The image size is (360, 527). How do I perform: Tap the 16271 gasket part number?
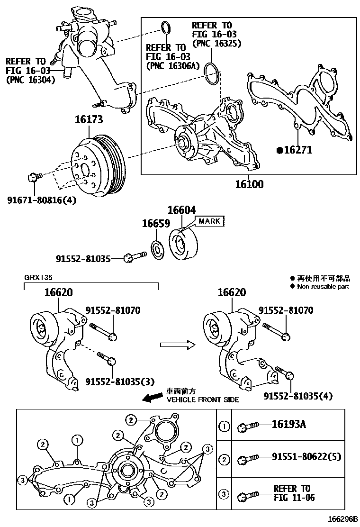click(297, 150)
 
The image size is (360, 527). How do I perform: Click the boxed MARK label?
click(209, 221)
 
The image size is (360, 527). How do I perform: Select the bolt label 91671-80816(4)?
click(41, 200)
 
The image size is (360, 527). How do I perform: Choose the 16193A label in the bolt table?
click(288, 424)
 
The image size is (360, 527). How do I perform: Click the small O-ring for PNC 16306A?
click(165, 27)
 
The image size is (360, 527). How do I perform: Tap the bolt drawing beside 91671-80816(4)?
click(35, 177)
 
